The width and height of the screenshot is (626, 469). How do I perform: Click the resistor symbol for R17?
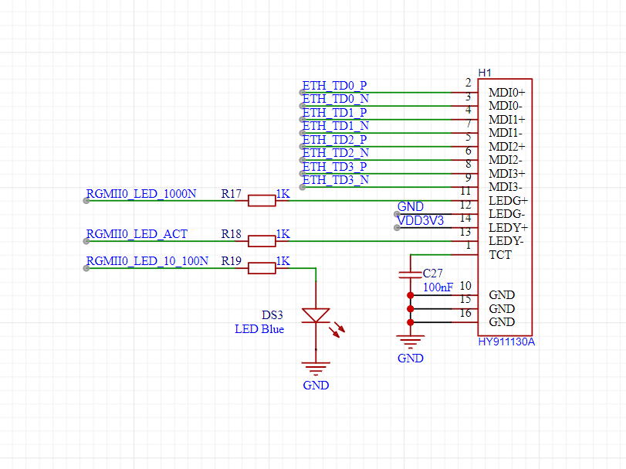pos(262,201)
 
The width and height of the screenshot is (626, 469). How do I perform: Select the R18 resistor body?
pos(262,241)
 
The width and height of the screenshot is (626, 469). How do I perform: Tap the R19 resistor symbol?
pos(262,268)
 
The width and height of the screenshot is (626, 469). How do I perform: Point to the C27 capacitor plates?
pos(410,274)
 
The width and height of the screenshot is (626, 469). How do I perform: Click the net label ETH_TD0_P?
pos(334,86)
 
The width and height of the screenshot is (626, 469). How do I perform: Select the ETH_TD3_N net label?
pos(335,180)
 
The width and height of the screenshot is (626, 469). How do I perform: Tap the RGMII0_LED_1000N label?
pos(141,194)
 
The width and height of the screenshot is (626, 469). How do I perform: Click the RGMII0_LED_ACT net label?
pos(137,234)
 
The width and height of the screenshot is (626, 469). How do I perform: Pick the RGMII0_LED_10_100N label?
pos(147,261)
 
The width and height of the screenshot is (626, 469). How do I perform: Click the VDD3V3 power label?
pos(421,220)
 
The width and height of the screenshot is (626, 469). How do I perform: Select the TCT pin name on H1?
pos(500,255)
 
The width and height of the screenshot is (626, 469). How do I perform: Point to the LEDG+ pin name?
pos(508,201)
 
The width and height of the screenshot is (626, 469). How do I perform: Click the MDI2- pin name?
pos(506,160)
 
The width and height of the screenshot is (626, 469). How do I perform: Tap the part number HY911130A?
pos(506,342)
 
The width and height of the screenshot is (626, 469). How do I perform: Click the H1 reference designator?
pos(485,73)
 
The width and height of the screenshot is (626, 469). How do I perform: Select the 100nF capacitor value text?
pos(438,287)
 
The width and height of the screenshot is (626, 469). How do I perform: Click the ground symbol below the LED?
pos(316,369)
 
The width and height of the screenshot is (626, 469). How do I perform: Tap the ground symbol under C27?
pos(410,342)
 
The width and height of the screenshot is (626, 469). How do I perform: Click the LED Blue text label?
pos(259,329)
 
